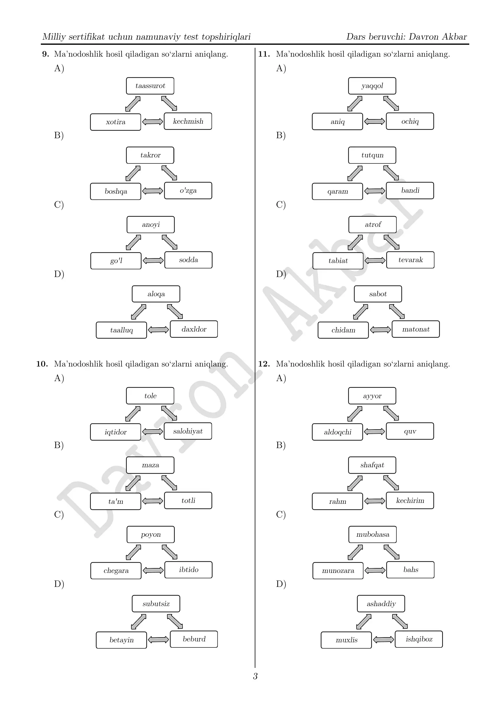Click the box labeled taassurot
[150, 86]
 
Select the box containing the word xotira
[115, 122]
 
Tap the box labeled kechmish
[188, 121]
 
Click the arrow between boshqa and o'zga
[153, 191]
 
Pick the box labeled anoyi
[151, 225]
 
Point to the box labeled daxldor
[194, 329]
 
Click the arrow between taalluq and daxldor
[158, 330]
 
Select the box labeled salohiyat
[188, 431]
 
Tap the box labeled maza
[150, 465]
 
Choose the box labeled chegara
[116, 570]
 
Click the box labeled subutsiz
[156, 604]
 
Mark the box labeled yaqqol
[372, 86]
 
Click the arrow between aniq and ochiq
[374, 121]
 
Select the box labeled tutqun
[372, 155]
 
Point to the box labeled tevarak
[410, 260]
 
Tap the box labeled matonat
[416, 329]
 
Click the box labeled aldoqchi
[337, 432]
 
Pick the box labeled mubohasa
[372, 535]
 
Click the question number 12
[264, 364]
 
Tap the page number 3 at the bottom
[255, 676]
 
